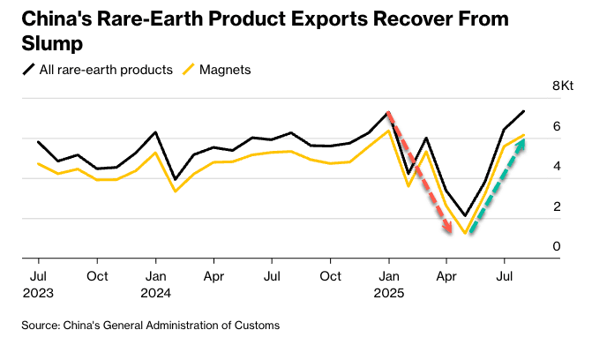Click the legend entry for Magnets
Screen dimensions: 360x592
[227, 70]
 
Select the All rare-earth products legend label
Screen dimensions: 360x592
[106, 70]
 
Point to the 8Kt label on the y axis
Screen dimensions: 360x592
[563, 86]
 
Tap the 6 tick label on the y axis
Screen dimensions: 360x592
[557, 126]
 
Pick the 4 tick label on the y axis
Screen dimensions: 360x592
[557, 166]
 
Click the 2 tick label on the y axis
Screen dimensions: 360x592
[557, 206]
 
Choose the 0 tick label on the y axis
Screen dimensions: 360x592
[557, 246]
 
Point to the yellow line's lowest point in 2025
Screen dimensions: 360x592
[465, 234]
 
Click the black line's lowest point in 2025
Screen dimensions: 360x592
[465, 215]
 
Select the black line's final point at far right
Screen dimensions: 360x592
[524, 111]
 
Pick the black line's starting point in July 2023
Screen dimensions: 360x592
[38, 141]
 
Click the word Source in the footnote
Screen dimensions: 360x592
[41, 326]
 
